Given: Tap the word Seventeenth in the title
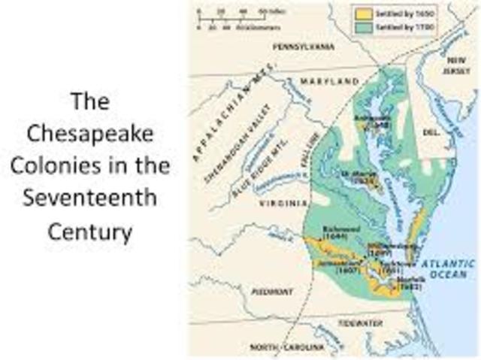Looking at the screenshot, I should pyautogui.click(x=90, y=198).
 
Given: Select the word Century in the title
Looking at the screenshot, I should pyautogui.click(x=90, y=231).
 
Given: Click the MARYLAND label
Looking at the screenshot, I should pyautogui.click(x=331, y=80).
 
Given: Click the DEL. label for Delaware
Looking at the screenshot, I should pyautogui.click(x=431, y=131).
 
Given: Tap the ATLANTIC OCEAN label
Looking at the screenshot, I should pyautogui.click(x=448, y=269).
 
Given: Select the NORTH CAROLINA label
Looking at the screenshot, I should pyautogui.click(x=288, y=347).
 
